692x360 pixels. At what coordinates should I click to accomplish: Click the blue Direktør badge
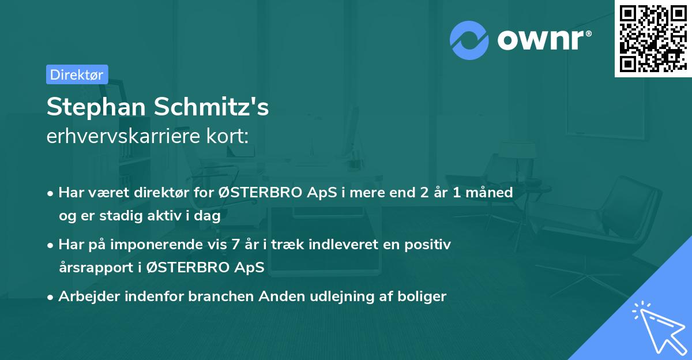77,74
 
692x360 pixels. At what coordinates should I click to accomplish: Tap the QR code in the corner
653,38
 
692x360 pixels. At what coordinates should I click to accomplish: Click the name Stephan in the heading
95,107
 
